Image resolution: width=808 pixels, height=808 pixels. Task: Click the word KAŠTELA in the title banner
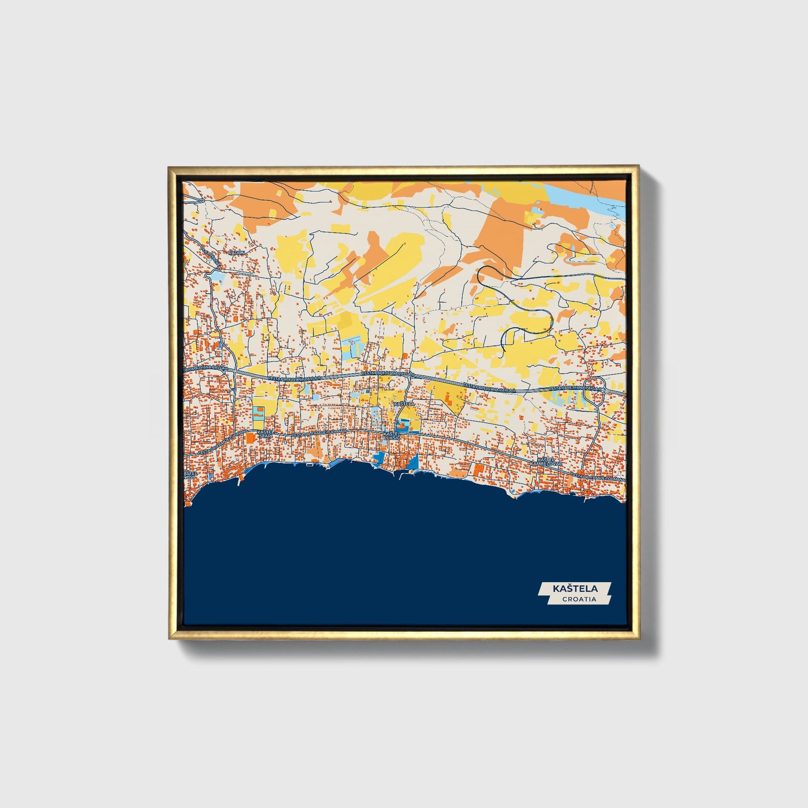pyautogui.click(x=575, y=588)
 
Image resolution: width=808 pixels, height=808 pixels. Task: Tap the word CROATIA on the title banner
pyautogui.click(x=579, y=599)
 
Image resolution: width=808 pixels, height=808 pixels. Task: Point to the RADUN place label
pyautogui.click(x=237, y=253)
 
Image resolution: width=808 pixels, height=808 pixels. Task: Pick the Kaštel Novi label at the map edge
pyautogui.click(x=190, y=475)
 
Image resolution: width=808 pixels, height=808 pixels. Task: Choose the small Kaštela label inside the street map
pyautogui.click(x=404, y=403)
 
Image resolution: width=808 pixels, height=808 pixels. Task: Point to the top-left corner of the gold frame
pyautogui.click(x=170, y=167)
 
